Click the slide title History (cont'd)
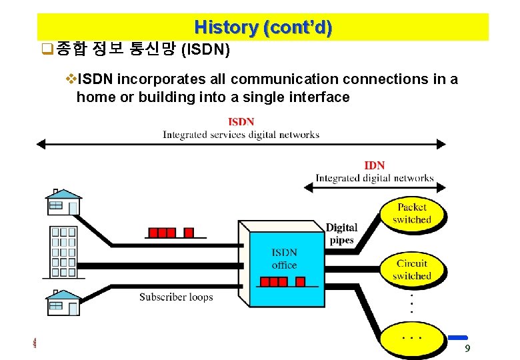263,28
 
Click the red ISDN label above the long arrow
241,122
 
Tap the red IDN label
374,165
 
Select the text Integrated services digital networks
241,135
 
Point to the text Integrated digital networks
374,178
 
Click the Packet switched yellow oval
411,213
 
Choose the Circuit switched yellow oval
411,269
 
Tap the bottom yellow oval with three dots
411,338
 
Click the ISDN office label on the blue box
284,259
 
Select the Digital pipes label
341,234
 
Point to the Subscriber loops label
176,297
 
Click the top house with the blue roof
63,202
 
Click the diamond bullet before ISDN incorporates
72,79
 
